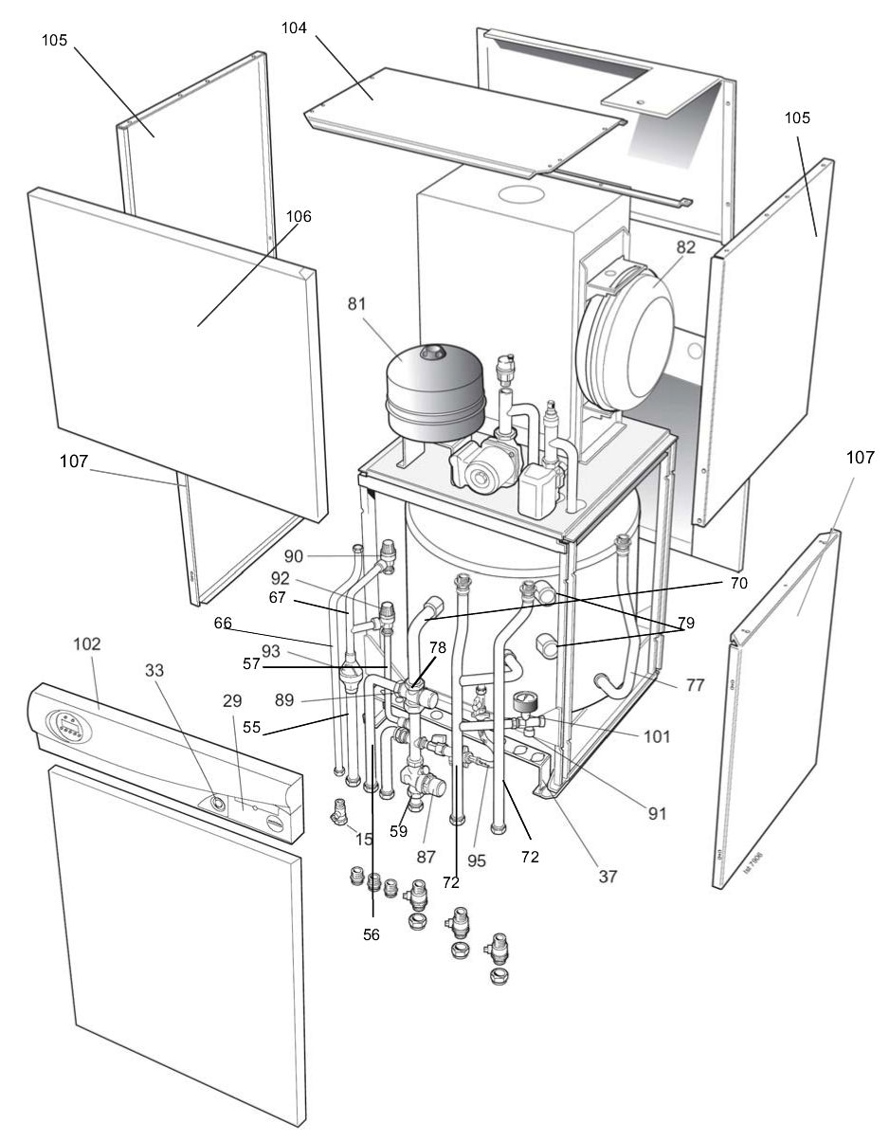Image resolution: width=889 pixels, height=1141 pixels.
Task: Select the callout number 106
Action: (x=299, y=217)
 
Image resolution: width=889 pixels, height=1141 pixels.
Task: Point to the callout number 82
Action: (x=685, y=246)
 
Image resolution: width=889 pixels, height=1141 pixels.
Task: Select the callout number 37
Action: (x=608, y=877)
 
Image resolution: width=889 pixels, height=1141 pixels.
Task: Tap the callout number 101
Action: (x=650, y=735)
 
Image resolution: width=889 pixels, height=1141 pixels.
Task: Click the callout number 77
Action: (x=695, y=684)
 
